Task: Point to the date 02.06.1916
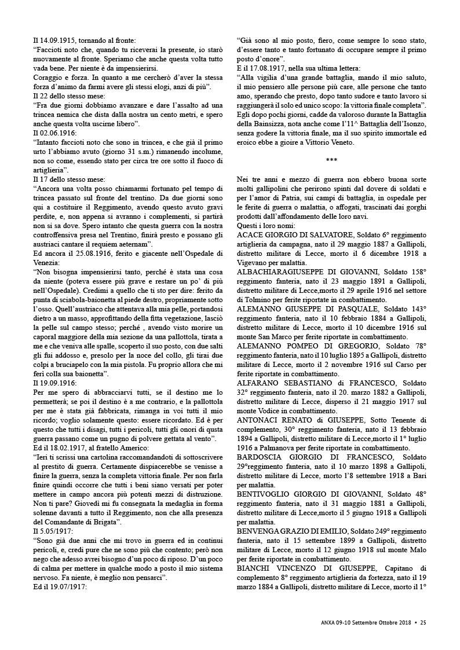[58, 133]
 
